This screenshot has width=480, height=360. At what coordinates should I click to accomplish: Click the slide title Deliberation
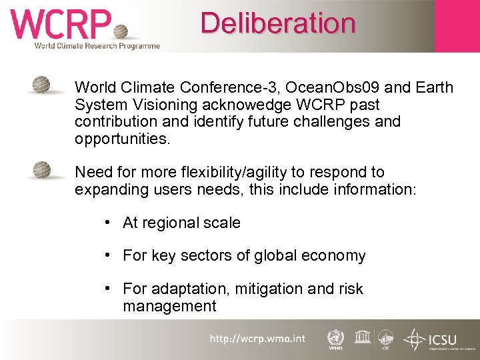(x=278, y=23)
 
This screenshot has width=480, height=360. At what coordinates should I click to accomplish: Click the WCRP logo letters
(x=60, y=25)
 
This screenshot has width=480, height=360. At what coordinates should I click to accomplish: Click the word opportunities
(x=123, y=139)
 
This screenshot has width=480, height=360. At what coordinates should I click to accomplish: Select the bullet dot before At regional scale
(x=107, y=222)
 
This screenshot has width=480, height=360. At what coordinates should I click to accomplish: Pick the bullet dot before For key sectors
(x=107, y=255)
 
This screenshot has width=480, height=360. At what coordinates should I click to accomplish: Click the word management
(x=169, y=306)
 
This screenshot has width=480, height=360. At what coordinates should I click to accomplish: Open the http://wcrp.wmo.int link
(x=257, y=339)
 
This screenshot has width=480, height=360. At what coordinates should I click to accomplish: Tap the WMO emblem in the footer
(x=335, y=339)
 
